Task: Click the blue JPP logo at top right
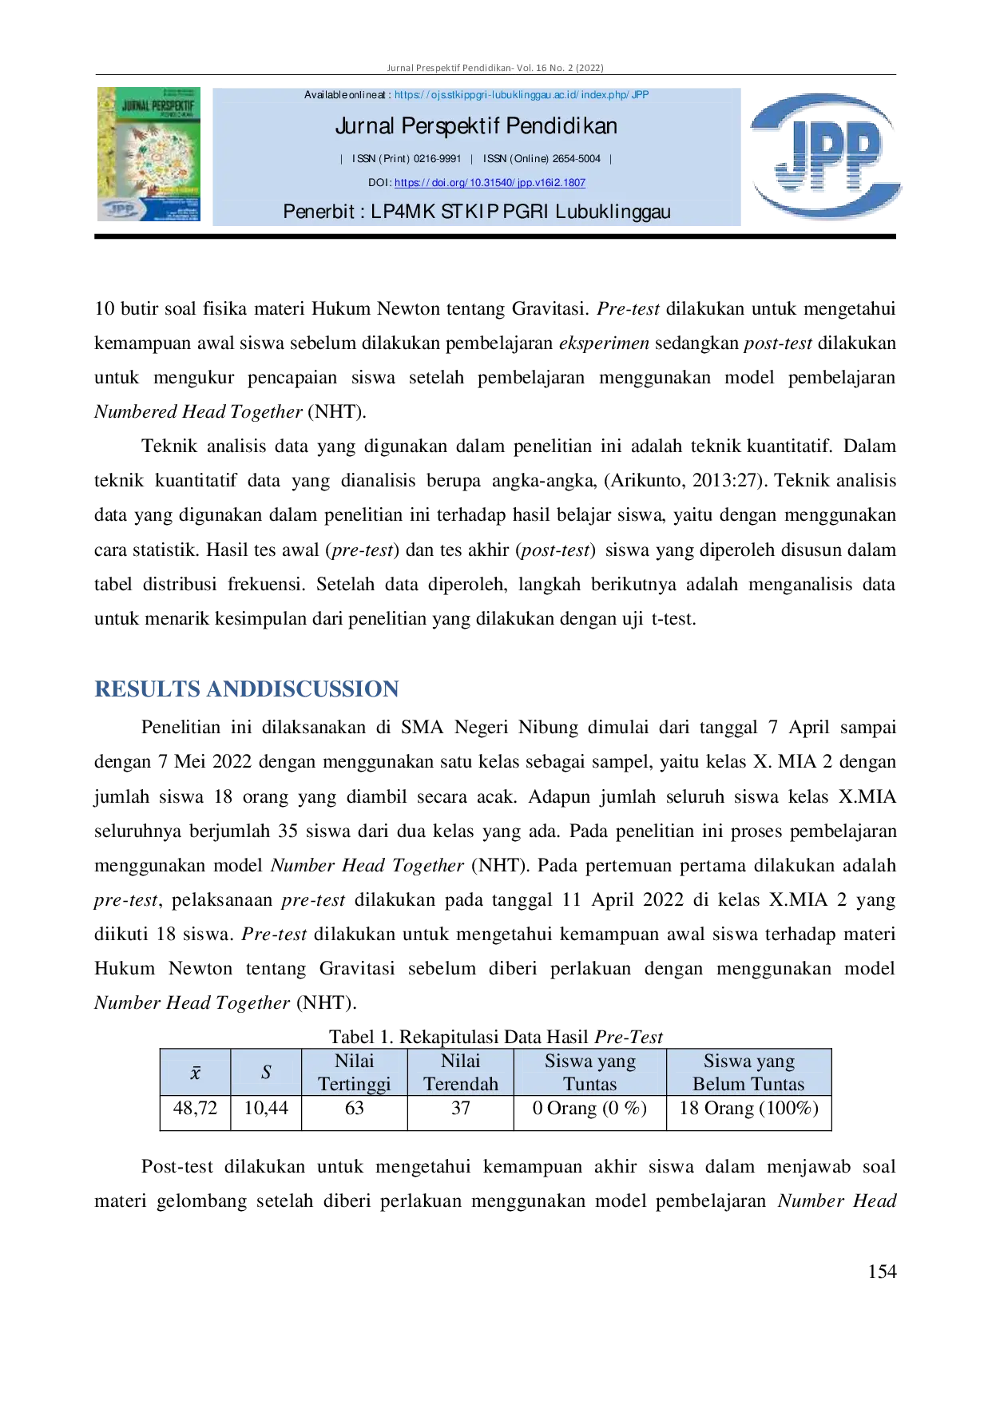tap(826, 156)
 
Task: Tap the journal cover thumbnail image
tap(149, 154)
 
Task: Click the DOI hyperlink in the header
tap(490, 183)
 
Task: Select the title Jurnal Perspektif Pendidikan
tap(476, 126)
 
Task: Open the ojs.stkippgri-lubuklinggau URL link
tap(522, 95)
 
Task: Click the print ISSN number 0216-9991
tap(437, 159)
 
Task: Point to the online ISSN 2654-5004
tap(576, 159)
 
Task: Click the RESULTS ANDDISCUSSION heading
tap(247, 689)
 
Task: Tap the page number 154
tap(882, 1272)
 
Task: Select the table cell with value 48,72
tap(195, 1108)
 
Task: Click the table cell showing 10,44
tap(266, 1108)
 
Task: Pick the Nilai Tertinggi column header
tap(355, 1072)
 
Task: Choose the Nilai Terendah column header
tap(461, 1072)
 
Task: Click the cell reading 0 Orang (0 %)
tap(589, 1109)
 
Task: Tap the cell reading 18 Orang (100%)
tap(748, 1109)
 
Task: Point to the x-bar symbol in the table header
tap(195, 1073)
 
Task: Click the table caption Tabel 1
tap(496, 1037)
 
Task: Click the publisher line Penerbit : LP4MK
tap(477, 212)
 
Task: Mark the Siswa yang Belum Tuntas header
tap(748, 1072)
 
